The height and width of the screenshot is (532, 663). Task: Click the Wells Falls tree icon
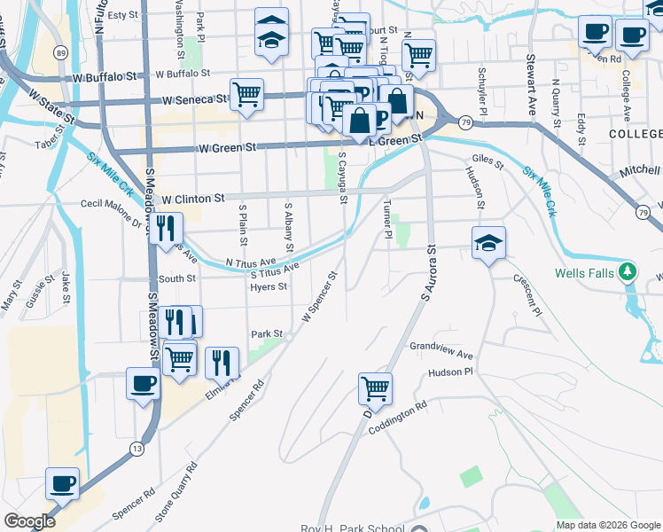click(x=628, y=271)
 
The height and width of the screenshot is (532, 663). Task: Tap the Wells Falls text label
click(x=584, y=272)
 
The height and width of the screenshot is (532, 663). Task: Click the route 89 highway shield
click(x=58, y=53)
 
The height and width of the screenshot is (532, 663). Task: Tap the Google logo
click(x=30, y=521)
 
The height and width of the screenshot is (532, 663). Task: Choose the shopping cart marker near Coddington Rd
click(x=375, y=387)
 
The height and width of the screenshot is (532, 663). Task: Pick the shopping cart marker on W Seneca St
click(x=246, y=94)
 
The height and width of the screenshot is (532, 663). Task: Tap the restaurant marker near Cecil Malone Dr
click(x=166, y=229)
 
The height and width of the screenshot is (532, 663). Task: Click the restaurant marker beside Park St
click(x=222, y=362)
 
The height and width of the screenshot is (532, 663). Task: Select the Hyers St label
click(x=269, y=287)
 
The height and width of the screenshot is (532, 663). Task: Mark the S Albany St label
click(x=289, y=224)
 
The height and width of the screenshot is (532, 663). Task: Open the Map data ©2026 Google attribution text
click(x=607, y=525)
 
